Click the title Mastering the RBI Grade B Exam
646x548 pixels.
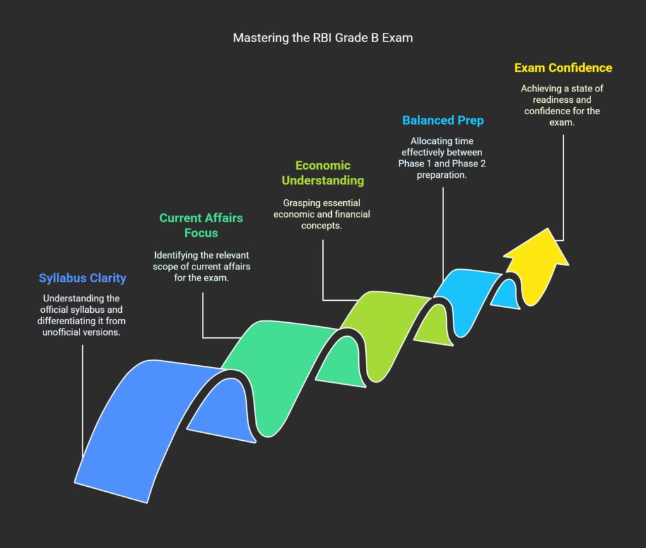(x=322, y=38)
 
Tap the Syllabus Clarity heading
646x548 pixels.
(x=82, y=278)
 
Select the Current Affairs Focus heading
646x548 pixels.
(x=201, y=225)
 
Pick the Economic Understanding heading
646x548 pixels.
(x=322, y=173)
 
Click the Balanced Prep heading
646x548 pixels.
(x=443, y=120)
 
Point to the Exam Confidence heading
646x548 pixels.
(x=563, y=67)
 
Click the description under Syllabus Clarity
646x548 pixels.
(x=82, y=315)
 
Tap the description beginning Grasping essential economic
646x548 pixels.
(x=322, y=214)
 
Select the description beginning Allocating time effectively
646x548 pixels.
(x=443, y=158)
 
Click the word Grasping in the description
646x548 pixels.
(x=301, y=203)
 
